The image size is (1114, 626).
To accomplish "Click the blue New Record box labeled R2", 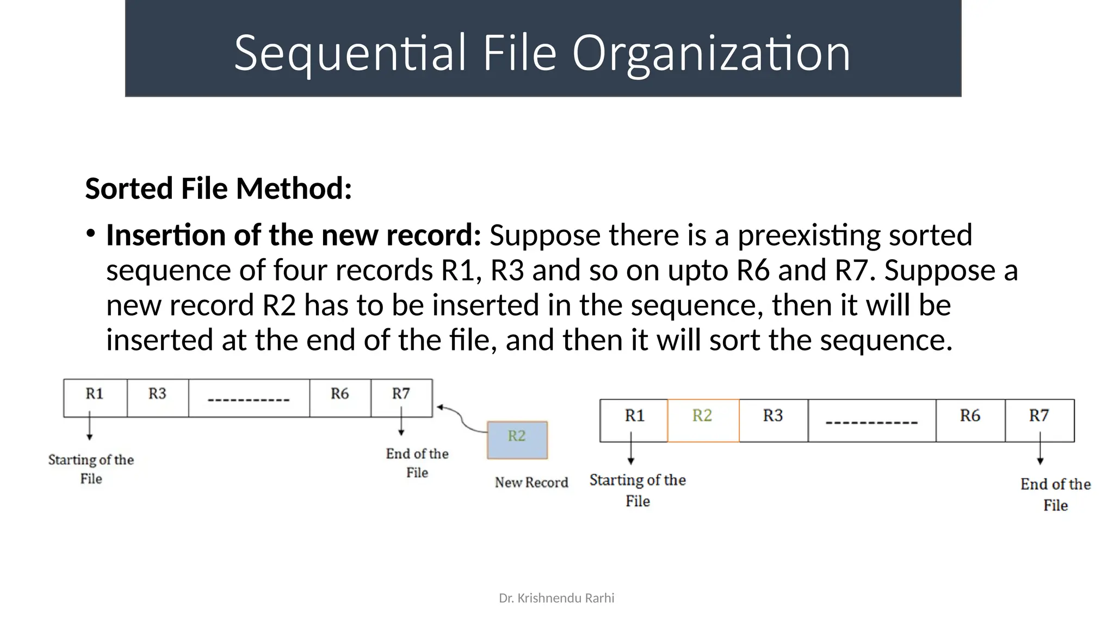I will (517, 440).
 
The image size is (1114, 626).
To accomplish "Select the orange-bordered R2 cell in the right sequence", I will (703, 420).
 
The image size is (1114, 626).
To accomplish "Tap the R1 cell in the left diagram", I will (95, 398).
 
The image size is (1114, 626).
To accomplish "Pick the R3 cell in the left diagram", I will (158, 398).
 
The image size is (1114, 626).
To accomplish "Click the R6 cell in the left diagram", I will (340, 398).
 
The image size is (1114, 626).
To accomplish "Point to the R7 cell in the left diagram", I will (401, 398).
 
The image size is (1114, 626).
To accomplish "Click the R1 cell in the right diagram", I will (634, 420).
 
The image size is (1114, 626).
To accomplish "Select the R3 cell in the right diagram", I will (773, 420).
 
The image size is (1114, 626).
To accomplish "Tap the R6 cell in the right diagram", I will (970, 420).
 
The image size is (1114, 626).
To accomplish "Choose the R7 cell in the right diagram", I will (1039, 420).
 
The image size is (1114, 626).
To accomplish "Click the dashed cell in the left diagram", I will (249, 398).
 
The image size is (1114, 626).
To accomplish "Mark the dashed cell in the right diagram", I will (871, 421).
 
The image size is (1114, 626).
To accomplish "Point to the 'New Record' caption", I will (531, 482).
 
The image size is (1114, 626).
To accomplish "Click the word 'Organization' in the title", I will (710, 53).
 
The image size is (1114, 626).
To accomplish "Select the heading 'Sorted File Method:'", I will (219, 189).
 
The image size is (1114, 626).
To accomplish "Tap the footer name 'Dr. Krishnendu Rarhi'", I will (556, 598).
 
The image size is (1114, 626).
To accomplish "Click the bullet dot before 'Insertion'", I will (90, 234).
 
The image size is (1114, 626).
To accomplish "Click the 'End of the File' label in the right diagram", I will (1055, 494).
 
